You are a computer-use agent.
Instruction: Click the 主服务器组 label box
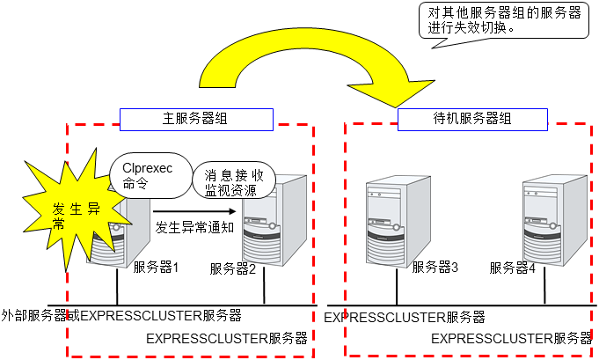(196, 118)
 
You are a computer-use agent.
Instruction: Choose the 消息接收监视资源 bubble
(234, 181)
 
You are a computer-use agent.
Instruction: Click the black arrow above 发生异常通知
(195, 211)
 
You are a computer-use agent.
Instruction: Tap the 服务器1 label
(157, 267)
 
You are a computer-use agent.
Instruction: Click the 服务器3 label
(435, 268)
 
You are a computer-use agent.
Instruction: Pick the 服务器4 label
(512, 268)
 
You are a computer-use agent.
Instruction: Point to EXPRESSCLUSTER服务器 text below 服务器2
(226, 337)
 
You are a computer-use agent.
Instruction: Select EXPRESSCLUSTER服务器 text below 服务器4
(511, 337)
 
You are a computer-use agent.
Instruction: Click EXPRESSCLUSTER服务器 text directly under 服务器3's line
(405, 317)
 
